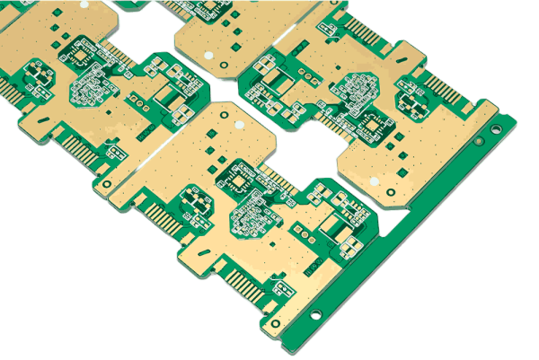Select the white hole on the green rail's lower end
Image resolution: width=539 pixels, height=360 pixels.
pyautogui.click(x=315, y=315)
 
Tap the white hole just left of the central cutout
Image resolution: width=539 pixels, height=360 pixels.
pyautogui.click(x=239, y=125)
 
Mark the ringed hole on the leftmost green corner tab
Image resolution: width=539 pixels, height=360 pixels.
pyautogui.click(x=107, y=184)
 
